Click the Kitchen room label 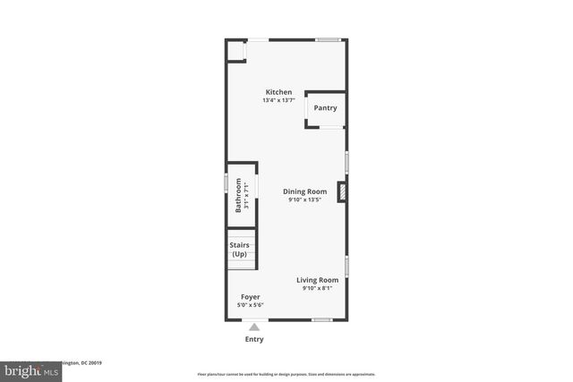(x=278, y=92)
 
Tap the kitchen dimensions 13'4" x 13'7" (x=278, y=100)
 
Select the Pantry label (x=325, y=108)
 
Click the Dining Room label (x=304, y=191)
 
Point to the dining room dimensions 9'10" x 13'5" (x=304, y=199)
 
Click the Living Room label (x=318, y=280)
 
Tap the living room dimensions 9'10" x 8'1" (x=318, y=288)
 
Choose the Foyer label (x=251, y=296)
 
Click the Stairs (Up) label (x=239, y=250)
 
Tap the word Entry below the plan (x=254, y=339)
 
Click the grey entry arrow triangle (x=254, y=327)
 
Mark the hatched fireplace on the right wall (x=343, y=191)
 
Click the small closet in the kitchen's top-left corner (x=235, y=50)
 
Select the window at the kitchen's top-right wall (x=327, y=38)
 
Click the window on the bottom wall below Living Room (x=322, y=319)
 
